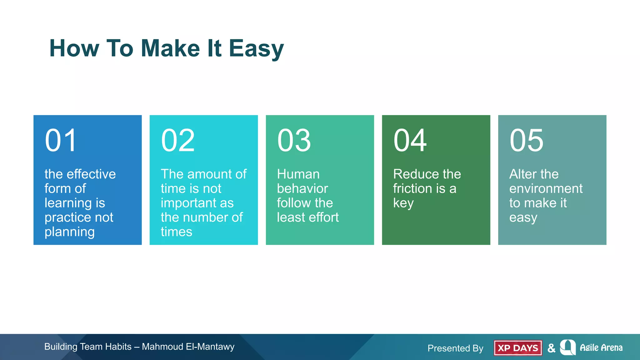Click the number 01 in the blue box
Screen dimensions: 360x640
pyautogui.click(x=61, y=141)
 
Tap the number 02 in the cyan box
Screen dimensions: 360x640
pyautogui.click(x=178, y=141)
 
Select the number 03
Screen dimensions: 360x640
pyautogui.click(x=294, y=141)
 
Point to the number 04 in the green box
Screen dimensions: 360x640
pyautogui.click(x=410, y=141)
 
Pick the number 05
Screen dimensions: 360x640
pyautogui.click(x=527, y=141)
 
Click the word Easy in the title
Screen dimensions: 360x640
pyautogui.click(x=256, y=49)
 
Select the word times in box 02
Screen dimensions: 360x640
pyautogui.click(x=176, y=232)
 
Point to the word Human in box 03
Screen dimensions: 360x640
pyautogui.click(x=298, y=174)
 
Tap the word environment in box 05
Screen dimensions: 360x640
pyautogui.click(x=546, y=188)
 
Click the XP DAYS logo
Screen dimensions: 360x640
pyautogui.click(x=518, y=348)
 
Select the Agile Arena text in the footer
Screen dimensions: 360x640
pyautogui.click(x=601, y=347)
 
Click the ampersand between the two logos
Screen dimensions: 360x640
pyautogui.click(x=552, y=348)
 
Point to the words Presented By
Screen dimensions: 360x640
pyautogui.click(x=455, y=348)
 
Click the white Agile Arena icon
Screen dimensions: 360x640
pyautogui.click(x=567, y=347)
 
